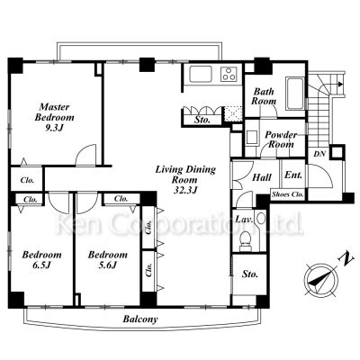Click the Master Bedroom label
[x=54, y=112]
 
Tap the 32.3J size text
[x=185, y=190]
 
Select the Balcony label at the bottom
[x=140, y=319]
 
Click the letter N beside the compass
[x=346, y=259]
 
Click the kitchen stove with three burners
[x=229, y=74]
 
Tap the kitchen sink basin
[x=201, y=74]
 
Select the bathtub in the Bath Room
[x=294, y=94]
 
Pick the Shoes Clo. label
[x=287, y=194]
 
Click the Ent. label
[x=293, y=175]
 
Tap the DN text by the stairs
[x=319, y=154]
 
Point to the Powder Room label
[x=281, y=139]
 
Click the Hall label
[x=262, y=177]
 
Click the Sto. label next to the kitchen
[x=202, y=120]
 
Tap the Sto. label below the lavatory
[x=250, y=274]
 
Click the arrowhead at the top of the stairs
[x=340, y=84]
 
